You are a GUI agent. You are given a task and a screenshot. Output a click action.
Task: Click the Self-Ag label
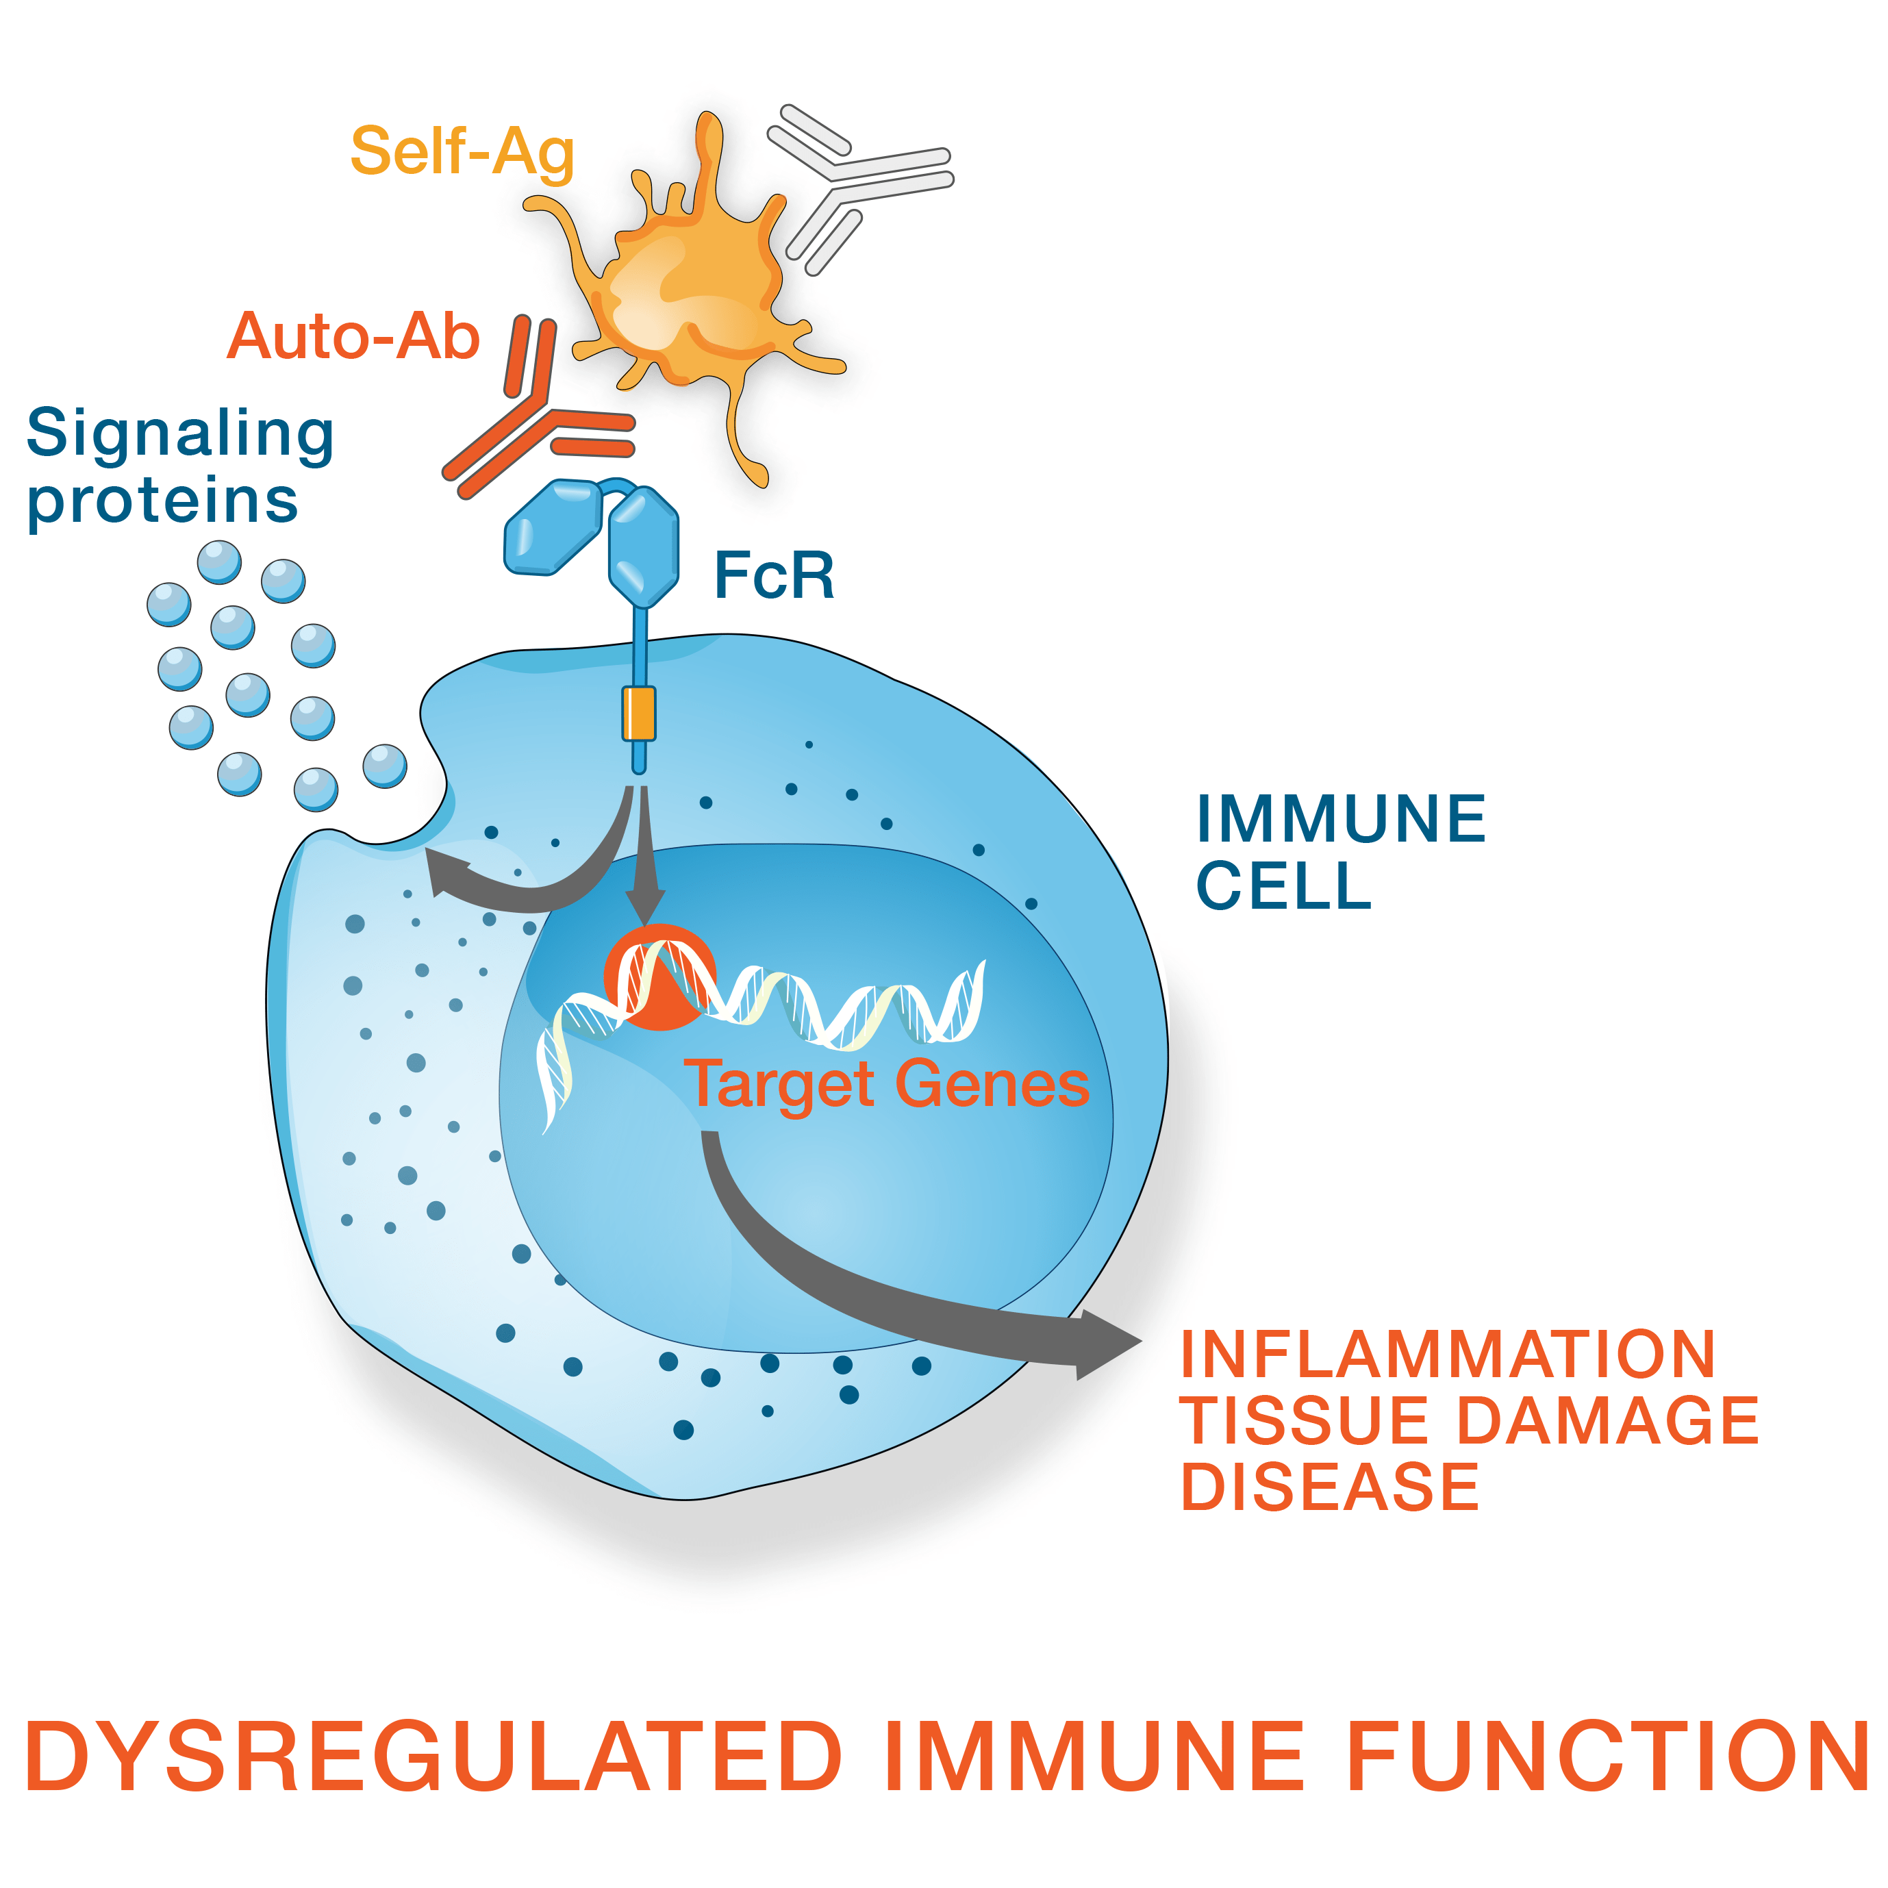[x=462, y=151]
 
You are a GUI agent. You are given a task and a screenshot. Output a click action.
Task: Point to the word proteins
[x=162, y=501]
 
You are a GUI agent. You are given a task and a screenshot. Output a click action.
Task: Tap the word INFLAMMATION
[x=1448, y=1355]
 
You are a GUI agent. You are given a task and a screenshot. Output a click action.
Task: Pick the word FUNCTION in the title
[x=1607, y=1756]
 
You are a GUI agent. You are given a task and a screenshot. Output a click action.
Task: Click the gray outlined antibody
[x=851, y=186]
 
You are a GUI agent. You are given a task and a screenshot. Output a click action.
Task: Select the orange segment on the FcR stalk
[x=639, y=714]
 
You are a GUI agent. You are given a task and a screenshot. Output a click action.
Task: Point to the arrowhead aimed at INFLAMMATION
[x=1109, y=1344]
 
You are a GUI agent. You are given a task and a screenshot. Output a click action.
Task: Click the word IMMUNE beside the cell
[x=1341, y=819]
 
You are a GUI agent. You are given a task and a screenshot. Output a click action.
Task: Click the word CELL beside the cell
[x=1284, y=886]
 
